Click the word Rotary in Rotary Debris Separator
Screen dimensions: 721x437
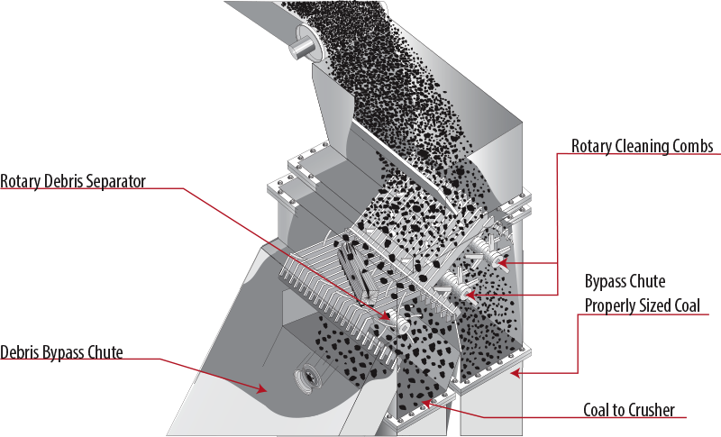click(x=21, y=181)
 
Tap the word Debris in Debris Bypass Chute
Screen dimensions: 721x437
click(x=20, y=352)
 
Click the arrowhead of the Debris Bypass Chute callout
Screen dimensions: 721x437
click(x=261, y=389)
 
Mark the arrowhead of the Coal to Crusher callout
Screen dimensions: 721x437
click(x=426, y=404)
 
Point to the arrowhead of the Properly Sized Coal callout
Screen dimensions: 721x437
click(x=515, y=373)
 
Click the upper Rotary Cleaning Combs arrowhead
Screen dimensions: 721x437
click(x=503, y=263)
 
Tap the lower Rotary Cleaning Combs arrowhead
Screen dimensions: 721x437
click(x=470, y=295)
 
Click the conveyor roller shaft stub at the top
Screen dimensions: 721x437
click(x=299, y=48)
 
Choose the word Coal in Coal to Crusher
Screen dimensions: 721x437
click(x=597, y=410)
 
